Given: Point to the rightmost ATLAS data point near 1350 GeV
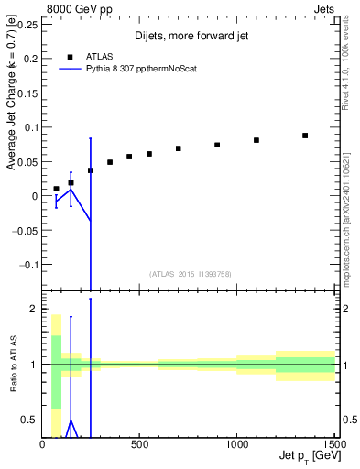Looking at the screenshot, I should pyautogui.click(x=305, y=136).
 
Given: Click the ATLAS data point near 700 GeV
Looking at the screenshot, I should pyautogui.click(x=179, y=148).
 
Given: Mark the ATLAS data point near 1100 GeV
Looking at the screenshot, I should pyautogui.click(x=256, y=140).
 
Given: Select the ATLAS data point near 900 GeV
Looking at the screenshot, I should pyautogui.click(x=217, y=145).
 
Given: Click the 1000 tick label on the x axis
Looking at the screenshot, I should pyautogui.click(x=237, y=445).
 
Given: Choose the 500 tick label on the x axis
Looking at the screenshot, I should pyautogui.click(x=140, y=445).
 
